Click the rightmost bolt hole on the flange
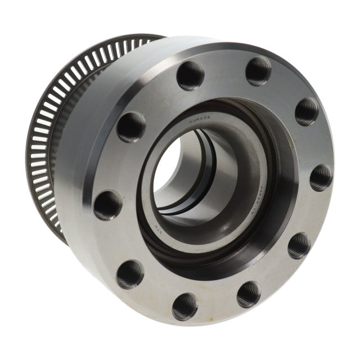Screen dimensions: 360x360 point(320,177)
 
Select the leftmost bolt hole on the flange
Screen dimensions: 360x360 point(107,205)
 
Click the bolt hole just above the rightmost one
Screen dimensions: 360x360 point(307,111)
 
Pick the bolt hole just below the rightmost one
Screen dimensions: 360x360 point(299,245)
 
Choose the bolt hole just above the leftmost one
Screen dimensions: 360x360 point(131,127)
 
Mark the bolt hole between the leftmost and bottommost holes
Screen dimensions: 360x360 point(130,274)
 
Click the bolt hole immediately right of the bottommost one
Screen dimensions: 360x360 point(248,294)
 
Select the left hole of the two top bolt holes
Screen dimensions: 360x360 point(191,75)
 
